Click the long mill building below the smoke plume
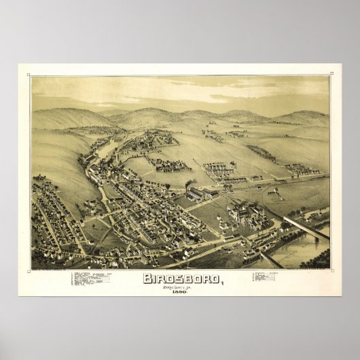(195, 195)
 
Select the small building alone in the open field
(274, 192)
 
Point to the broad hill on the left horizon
(68, 117)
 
